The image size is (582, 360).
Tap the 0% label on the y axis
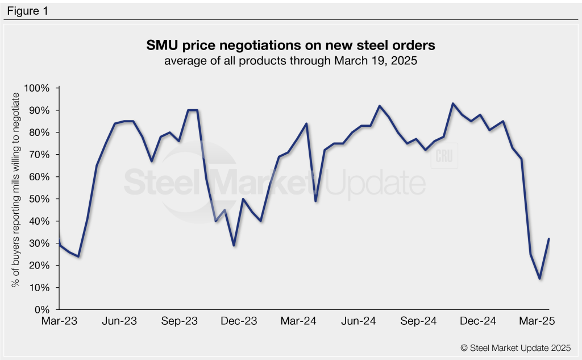click(44, 310)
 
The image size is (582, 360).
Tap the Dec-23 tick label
click(239, 321)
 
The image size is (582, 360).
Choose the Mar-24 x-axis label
click(300, 321)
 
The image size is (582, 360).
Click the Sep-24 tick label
click(418, 321)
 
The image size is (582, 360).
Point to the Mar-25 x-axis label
click(537, 321)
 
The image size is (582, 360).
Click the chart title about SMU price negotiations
click(291, 45)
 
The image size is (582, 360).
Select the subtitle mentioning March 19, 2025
click(291, 61)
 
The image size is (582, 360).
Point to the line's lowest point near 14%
click(539, 279)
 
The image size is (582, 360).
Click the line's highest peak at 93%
click(452, 104)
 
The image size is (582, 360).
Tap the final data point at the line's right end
click(548, 239)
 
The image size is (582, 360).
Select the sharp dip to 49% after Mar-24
click(315, 201)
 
